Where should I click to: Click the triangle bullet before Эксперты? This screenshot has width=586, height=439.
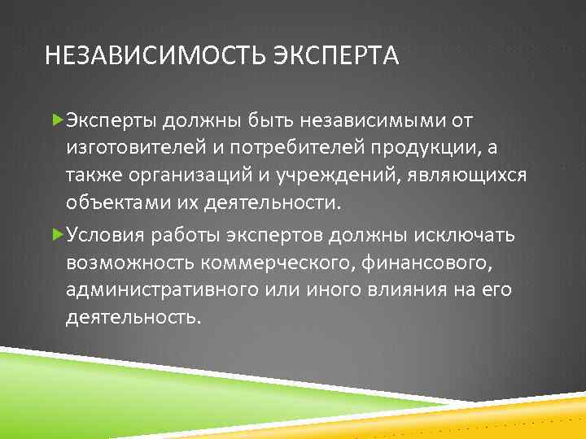click(56, 120)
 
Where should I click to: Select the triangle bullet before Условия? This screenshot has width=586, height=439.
click(56, 234)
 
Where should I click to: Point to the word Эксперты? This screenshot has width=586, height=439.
click(111, 120)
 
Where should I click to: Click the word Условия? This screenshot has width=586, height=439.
click(104, 234)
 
